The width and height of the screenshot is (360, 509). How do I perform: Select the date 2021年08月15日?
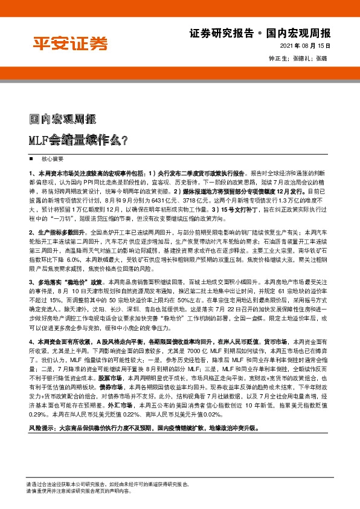click(307, 46)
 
